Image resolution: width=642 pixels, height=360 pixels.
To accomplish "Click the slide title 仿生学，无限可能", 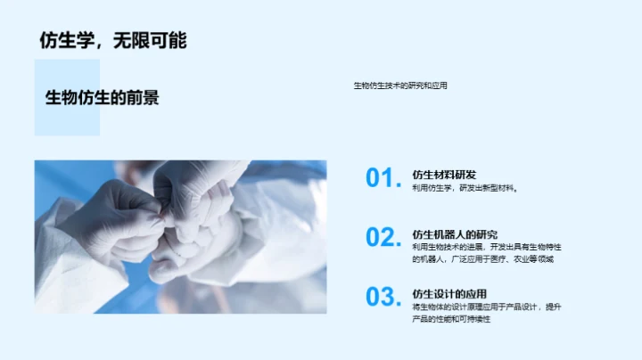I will coord(113,41).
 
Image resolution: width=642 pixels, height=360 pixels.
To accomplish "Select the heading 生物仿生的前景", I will coord(103,98).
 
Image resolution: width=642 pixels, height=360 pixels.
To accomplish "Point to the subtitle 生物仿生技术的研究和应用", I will coord(400,86).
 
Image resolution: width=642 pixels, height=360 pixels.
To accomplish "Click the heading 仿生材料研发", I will coord(444,175).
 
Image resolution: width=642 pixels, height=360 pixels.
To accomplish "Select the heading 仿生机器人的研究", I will coord(455,233).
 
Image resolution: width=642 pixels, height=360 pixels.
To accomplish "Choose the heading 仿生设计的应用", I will coord(449,293).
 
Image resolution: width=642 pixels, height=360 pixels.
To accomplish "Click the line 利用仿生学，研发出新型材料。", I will coord(465,188).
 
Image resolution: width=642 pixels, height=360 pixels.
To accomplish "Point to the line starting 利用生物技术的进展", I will coord(487,246).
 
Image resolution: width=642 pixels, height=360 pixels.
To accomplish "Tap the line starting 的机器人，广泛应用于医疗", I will coord(482,259).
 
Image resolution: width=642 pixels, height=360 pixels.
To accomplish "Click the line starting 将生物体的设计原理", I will coord(487,307).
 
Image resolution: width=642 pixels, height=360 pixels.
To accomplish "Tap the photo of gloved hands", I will coord(180,236).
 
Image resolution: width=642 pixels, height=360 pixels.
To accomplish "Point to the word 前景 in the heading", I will coord(145,98).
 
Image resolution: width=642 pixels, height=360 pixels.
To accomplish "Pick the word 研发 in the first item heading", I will coord(465,175).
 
